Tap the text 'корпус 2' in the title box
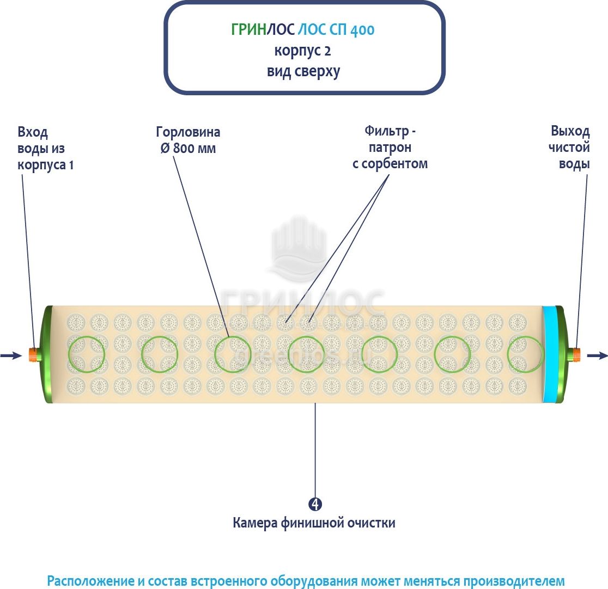pos(302,51)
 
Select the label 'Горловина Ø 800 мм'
pos(188,140)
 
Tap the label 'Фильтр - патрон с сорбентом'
pos(390,147)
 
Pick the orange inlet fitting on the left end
pos(34,354)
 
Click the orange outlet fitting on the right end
pos(576,355)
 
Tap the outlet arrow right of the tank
pos(597,355)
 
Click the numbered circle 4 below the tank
pos(315,504)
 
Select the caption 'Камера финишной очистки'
pos(314,523)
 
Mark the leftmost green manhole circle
pos(86,354)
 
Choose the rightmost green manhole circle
pos(525,354)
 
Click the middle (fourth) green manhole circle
pos(306,354)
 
